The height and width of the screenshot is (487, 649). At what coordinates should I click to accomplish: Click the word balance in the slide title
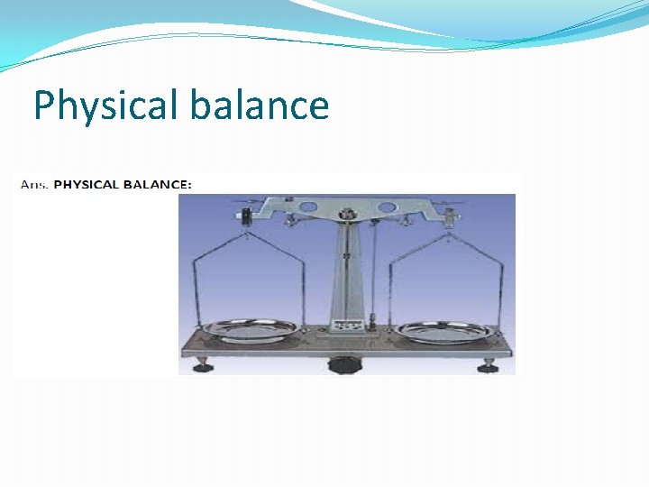(259, 106)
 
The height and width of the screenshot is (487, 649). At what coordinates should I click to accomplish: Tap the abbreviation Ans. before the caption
(33, 184)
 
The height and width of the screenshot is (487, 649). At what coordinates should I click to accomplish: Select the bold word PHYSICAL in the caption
(87, 184)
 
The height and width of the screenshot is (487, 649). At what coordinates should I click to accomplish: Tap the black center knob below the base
(343, 364)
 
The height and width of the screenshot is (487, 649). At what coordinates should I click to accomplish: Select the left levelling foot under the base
(203, 365)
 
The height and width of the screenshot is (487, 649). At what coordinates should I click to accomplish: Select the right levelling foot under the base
(488, 365)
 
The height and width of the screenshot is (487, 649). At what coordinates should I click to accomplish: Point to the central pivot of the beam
(345, 215)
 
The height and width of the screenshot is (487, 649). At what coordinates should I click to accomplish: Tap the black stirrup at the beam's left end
(245, 217)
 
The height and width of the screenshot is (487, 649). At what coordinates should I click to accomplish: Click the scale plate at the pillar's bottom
(346, 324)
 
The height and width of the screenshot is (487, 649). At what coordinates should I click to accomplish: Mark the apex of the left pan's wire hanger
(246, 237)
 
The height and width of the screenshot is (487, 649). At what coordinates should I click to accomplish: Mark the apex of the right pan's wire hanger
(447, 237)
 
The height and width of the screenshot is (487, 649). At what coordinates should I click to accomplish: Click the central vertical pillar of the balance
(345, 271)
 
